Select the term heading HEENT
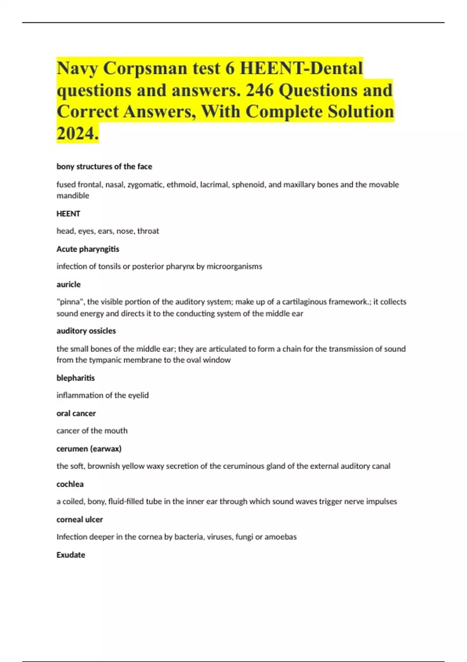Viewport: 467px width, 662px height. [x=68, y=213]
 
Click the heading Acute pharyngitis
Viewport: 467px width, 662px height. [x=88, y=249]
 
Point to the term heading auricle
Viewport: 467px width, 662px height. [x=68, y=284]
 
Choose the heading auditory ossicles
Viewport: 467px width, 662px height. [x=86, y=331]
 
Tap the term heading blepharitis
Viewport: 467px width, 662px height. [x=75, y=378]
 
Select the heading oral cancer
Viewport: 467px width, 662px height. [x=76, y=413]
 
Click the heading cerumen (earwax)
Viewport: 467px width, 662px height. [x=89, y=449]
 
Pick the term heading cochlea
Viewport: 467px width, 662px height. [x=70, y=484]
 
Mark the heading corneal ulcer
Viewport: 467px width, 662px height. [x=80, y=519]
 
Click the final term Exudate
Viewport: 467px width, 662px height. [x=71, y=555]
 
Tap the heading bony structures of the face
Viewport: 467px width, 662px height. [x=104, y=166]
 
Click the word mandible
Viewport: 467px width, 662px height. [x=73, y=195]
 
